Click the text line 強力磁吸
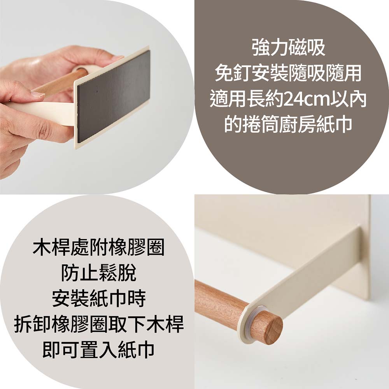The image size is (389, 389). pos(288,48)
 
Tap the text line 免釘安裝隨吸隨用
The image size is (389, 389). pos(288,74)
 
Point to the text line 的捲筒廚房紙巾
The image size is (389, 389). pos(288,124)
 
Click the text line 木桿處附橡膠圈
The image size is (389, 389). pos(98,247)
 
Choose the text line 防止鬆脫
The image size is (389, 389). pos(98,273)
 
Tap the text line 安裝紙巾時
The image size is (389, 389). pos(98,299)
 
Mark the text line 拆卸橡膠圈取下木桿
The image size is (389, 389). pos(98,324)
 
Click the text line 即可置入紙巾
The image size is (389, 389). pos(98,350)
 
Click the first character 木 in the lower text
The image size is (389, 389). pos(42,247)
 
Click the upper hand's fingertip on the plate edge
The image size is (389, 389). pos(117,58)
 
